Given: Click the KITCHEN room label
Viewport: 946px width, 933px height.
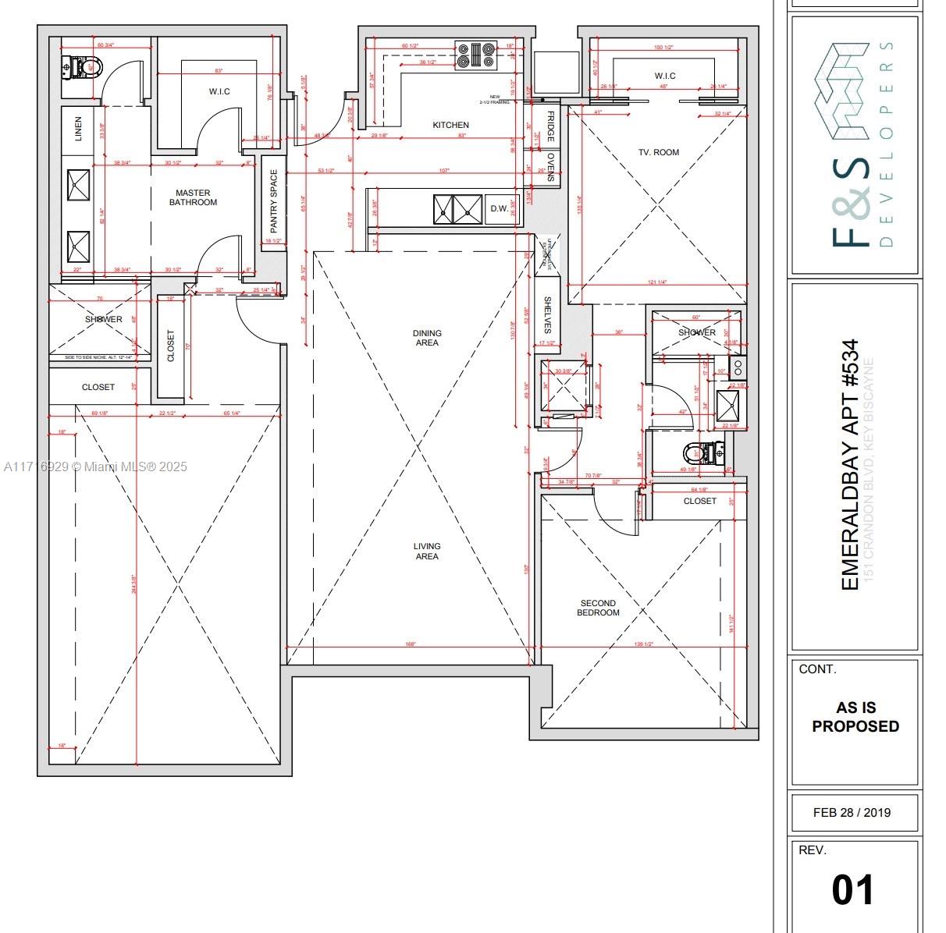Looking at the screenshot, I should click(x=450, y=125).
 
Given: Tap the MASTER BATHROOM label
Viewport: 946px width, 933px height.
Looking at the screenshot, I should click(x=193, y=197).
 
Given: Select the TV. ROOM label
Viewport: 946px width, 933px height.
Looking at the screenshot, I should click(x=658, y=152).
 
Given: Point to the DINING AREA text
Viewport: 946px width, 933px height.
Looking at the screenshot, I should click(x=426, y=338).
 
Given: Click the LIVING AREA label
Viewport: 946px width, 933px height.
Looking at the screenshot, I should click(x=426, y=551).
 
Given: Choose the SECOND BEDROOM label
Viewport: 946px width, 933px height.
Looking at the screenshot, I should click(x=598, y=608).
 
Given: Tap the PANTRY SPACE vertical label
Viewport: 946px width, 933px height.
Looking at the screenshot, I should click(x=273, y=201).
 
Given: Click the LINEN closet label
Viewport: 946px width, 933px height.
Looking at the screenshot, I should click(x=77, y=129).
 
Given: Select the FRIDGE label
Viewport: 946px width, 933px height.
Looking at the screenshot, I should click(x=549, y=126).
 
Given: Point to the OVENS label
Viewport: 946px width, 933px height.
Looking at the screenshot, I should click(x=549, y=167).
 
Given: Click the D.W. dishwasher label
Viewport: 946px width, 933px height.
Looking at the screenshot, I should click(x=499, y=209).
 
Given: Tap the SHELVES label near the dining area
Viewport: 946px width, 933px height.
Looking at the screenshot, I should click(x=548, y=314).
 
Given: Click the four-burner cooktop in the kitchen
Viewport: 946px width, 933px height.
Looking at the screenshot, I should click(x=475, y=55).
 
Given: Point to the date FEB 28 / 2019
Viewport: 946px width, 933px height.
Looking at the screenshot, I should click(x=852, y=812).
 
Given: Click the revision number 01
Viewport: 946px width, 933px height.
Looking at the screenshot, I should click(x=853, y=889).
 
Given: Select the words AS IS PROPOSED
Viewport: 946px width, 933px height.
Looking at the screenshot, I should click(x=855, y=717).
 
